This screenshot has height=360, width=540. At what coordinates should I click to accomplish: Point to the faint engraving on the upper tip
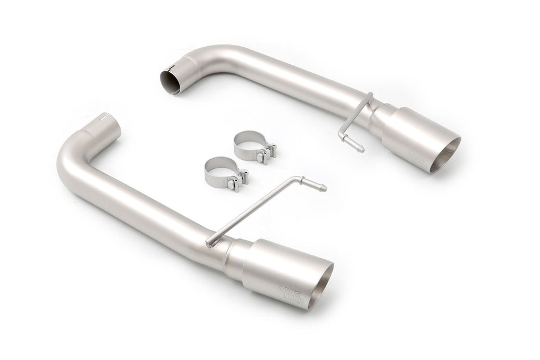(x=418, y=155)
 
